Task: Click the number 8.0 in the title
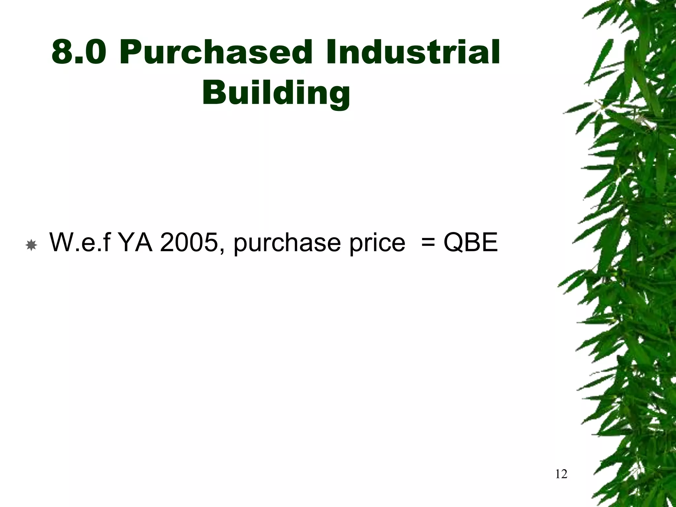79,52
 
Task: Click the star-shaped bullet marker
31,245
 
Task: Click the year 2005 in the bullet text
188,242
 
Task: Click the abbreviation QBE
470,242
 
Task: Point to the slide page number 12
561,474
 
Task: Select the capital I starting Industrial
331,52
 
